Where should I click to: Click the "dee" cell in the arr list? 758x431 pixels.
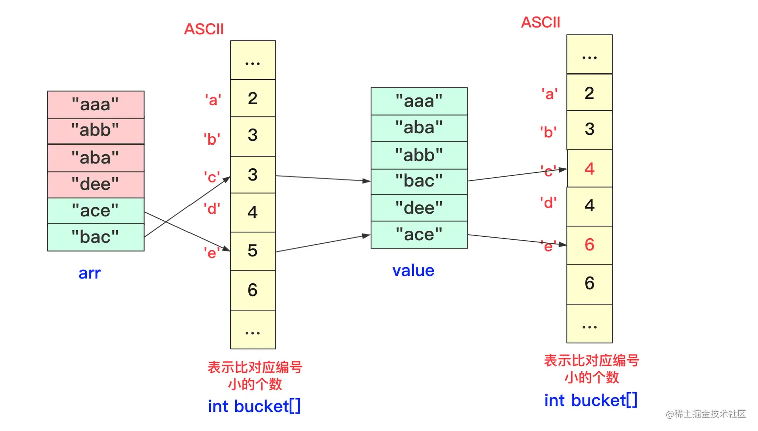[x=95, y=184]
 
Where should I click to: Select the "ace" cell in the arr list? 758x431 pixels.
[x=95, y=211]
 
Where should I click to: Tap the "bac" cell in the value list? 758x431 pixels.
[x=419, y=181]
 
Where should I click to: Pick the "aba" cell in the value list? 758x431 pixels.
[x=419, y=128]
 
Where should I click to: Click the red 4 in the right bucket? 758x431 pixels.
[x=589, y=169]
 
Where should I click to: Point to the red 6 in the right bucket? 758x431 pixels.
[x=589, y=245]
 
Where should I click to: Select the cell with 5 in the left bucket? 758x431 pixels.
[x=252, y=251]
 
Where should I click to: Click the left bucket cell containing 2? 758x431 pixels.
[x=252, y=98]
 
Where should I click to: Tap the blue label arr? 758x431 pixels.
[x=90, y=273]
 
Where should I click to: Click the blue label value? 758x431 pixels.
[x=413, y=271]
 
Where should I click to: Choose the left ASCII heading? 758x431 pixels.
[x=204, y=29]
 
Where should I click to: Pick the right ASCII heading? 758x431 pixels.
[x=540, y=23]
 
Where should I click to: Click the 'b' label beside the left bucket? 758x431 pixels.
[x=212, y=139]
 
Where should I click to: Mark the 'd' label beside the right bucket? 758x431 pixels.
[x=548, y=203]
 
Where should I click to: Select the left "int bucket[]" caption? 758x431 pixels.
[x=254, y=406]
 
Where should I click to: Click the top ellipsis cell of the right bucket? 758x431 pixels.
[x=589, y=54]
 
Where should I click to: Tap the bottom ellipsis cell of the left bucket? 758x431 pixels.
[x=252, y=330]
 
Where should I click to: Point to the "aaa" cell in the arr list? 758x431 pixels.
[x=95, y=105]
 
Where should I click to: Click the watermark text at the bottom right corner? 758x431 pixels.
[x=705, y=414]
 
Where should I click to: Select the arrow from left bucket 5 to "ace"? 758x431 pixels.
[x=323, y=243]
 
